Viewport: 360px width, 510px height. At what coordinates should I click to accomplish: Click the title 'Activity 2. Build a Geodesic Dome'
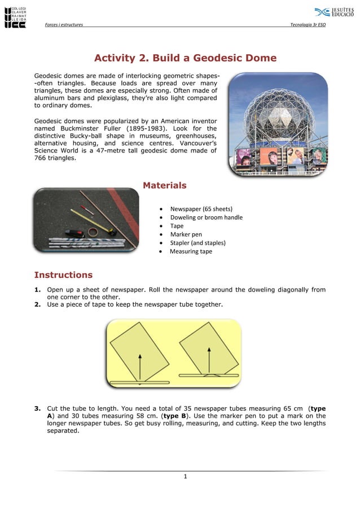point(185,58)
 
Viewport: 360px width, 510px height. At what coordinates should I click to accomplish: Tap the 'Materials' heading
point(164,185)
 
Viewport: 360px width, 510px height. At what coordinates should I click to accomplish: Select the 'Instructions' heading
point(63,275)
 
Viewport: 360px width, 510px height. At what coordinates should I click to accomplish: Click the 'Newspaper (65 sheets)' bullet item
point(201,209)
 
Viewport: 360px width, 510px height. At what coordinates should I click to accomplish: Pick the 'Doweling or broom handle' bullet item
point(206,217)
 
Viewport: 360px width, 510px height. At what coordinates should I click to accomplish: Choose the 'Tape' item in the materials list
point(177,226)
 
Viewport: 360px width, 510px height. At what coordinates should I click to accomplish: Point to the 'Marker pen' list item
point(186,234)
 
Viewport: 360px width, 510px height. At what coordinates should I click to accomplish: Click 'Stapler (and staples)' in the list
point(197,243)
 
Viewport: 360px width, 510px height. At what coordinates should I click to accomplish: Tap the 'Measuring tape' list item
point(191,251)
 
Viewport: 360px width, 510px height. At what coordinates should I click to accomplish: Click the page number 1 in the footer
point(185,477)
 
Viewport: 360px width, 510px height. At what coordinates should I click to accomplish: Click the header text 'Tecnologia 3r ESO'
point(308,25)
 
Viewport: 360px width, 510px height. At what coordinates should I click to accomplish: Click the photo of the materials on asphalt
point(86,220)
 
